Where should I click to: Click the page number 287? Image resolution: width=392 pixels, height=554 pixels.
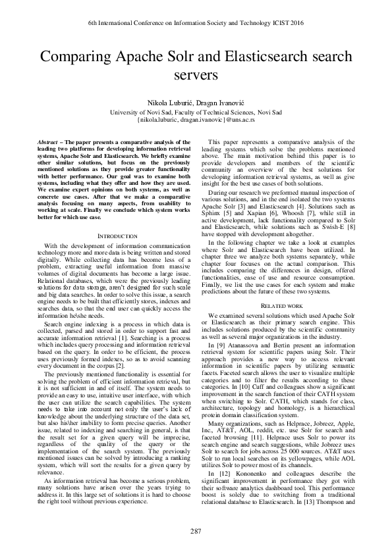click(x=196, y=530)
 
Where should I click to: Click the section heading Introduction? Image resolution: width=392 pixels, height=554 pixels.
click(x=117, y=235)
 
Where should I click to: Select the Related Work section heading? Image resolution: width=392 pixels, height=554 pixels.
click(x=281, y=306)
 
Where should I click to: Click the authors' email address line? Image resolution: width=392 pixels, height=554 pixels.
click(x=196, y=121)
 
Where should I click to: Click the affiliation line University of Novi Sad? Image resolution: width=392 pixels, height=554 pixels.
click(x=196, y=113)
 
